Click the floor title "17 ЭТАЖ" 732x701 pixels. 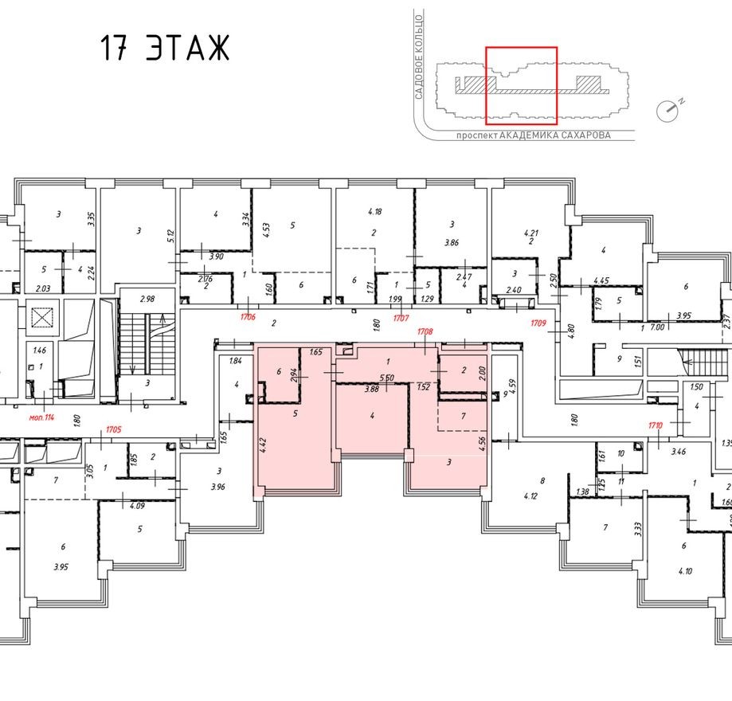point(165,49)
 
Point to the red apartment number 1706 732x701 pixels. point(249,316)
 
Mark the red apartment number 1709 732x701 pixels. point(539,323)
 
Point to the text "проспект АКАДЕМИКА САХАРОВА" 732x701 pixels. point(533,135)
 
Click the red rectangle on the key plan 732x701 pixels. point(521,86)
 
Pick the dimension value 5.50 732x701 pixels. point(387,378)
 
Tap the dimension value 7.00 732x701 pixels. point(657,327)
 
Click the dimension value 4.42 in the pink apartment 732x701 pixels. point(264,442)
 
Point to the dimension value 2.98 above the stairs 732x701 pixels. point(146,299)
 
